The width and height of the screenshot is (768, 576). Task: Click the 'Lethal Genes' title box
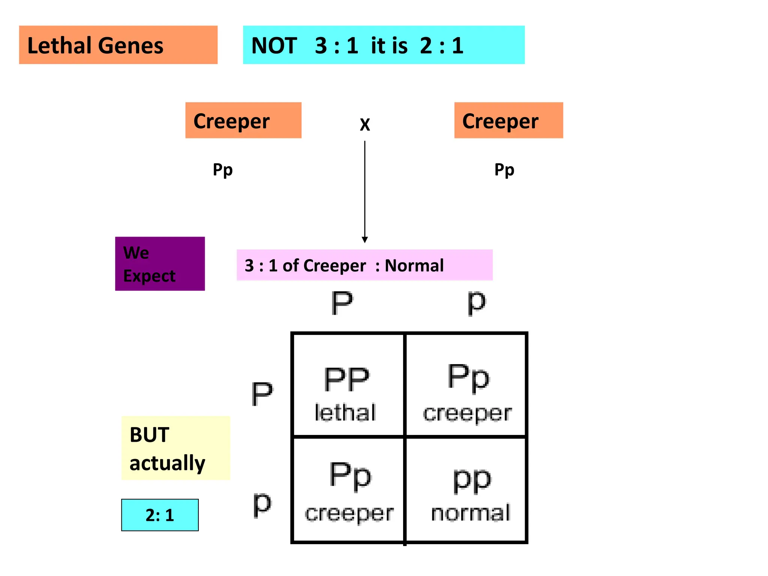(118, 45)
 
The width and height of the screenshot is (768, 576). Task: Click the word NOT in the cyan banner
(274, 46)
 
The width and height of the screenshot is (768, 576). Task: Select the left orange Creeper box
(243, 120)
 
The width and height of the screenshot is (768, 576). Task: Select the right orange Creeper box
(508, 120)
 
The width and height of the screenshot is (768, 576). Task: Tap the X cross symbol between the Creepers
(365, 124)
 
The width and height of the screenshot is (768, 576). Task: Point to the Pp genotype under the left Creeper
(223, 170)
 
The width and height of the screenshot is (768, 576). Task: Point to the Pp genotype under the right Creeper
(504, 170)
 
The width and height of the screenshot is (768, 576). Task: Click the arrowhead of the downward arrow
(364, 240)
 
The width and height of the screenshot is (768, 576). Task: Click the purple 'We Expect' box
(160, 264)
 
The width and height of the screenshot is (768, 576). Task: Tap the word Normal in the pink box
(414, 265)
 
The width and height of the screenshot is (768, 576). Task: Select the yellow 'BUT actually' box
(175, 448)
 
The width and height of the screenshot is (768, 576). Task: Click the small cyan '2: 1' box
(160, 515)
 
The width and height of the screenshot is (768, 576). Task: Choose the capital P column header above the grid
(342, 303)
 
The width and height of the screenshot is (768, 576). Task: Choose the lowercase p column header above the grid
(477, 303)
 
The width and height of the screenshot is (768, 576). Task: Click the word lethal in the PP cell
(345, 412)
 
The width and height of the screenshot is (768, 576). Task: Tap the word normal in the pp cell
(471, 513)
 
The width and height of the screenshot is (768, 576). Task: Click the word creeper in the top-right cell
(467, 413)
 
